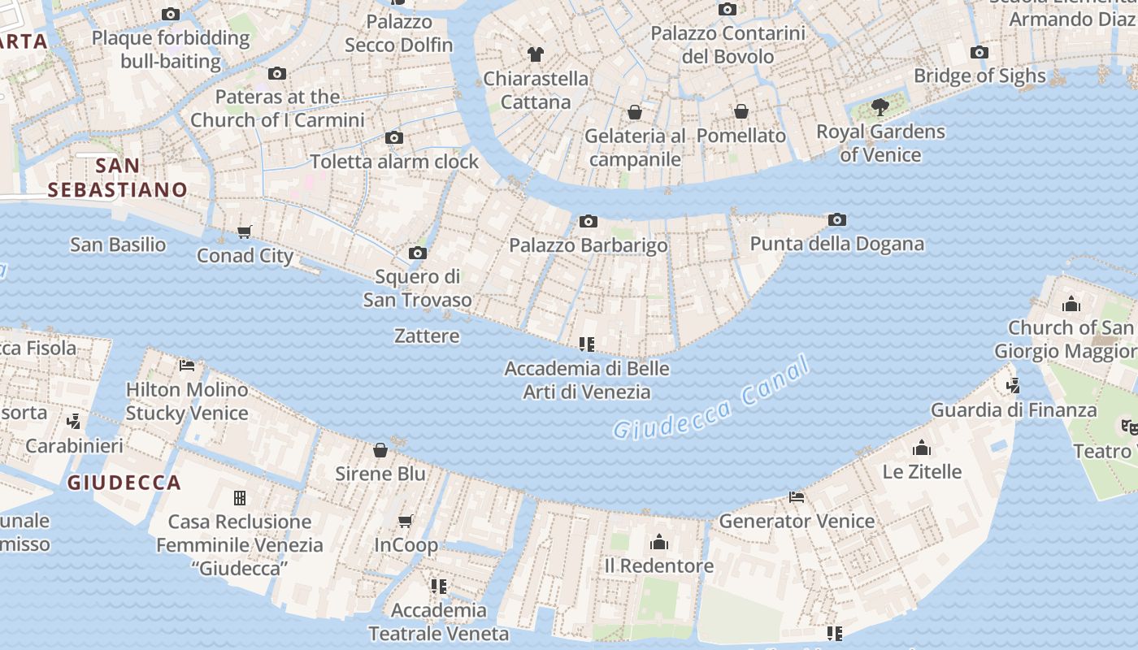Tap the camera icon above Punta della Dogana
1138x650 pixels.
point(837,220)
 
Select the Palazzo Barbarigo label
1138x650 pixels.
point(589,245)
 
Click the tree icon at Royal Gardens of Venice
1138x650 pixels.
point(880,106)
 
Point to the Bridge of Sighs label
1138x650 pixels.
point(979,76)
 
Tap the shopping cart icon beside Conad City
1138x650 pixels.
point(245,232)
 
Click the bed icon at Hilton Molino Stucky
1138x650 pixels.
point(187,366)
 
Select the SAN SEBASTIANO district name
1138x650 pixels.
point(117,178)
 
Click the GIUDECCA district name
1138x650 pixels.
point(124,483)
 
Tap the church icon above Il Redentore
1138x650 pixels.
point(659,542)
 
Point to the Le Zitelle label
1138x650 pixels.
point(922,472)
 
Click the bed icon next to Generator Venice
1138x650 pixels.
point(797,497)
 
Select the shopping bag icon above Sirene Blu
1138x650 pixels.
point(380,450)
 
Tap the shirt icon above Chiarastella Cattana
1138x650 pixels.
point(535,55)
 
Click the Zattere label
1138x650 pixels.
point(427,336)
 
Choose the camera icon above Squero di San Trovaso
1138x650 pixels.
point(418,253)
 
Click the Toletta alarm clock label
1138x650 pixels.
point(395,162)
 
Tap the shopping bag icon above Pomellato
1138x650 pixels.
point(741,111)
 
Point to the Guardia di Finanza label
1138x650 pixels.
point(1013,410)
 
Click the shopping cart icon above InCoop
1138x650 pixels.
point(406,521)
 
